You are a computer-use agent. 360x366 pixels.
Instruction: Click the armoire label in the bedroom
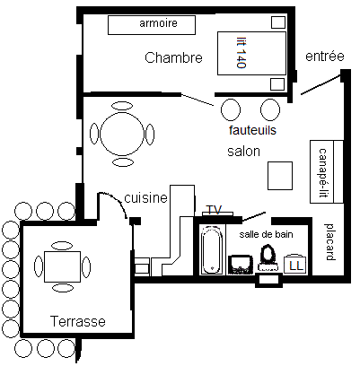pyautogui.click(x=158, y=23)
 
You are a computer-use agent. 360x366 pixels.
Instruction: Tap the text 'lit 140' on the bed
pyautogui.click(x=241, y=53)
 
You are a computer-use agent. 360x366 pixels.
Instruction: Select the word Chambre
pyautogui.click(x=173, y=57)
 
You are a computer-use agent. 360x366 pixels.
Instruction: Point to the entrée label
pyautogui.click(x=325, y=56)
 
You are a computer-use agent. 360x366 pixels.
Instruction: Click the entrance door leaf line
pyautogui.click(x=320, y=85)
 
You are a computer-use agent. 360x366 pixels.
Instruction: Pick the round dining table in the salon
pyautogui.click(x=122, y=134)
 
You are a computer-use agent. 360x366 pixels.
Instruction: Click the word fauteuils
pyautogui.click(x=252, y=130)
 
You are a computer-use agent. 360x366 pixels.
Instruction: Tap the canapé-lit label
pyautogui.click(x=321, y=172)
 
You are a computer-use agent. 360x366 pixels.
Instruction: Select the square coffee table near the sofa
pyautogui.click(x=280, y=176)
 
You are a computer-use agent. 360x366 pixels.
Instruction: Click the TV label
pyautogui.click(x=215, y=210)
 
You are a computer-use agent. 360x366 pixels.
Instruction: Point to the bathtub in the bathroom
pyautogui.click(x=213, y=249)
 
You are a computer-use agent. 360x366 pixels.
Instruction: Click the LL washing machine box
pyautogui.click(x=295, y=264)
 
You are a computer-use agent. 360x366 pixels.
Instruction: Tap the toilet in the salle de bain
pyautogui.click(x=268, y=257)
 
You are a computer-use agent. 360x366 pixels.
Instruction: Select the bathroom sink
pyautogui.click(x=241, y=265)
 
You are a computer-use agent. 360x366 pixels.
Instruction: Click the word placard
pyautogui.click(x=329, y=241)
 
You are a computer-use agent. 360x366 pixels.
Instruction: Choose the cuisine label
pyautogui.click(x=145, y=198)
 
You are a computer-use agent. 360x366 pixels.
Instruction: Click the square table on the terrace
pyautogui.click(x=62, y=266)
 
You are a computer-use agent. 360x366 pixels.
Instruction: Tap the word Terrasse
pyautogui.click(x=78, y=321)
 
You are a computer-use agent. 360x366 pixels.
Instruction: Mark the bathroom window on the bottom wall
pyautogui.click(x=268, y=280)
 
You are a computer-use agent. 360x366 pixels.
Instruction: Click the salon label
pyautogui.click(x=243, y=152)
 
